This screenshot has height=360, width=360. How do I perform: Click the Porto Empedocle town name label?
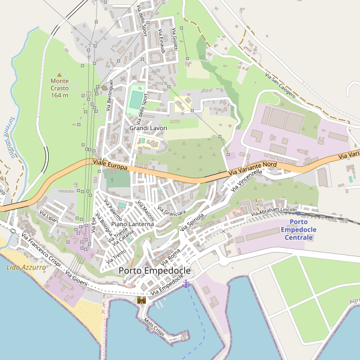click(x=154, y=271)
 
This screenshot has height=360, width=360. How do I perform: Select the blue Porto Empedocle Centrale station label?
click(x=298, y=230)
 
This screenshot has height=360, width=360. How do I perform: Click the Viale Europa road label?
click(x=110, y=164)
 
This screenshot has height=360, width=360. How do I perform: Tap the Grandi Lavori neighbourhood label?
click(x=148, y=128)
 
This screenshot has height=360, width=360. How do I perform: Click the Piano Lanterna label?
click(x=133, y=224)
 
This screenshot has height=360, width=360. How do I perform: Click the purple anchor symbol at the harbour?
click(x=186, y=283)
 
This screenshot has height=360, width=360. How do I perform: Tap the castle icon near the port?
click(x=142, y=299)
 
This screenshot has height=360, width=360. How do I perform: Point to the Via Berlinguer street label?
click(x=110, y=95)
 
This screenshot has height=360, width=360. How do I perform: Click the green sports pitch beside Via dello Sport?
click(x=136, y=99)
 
